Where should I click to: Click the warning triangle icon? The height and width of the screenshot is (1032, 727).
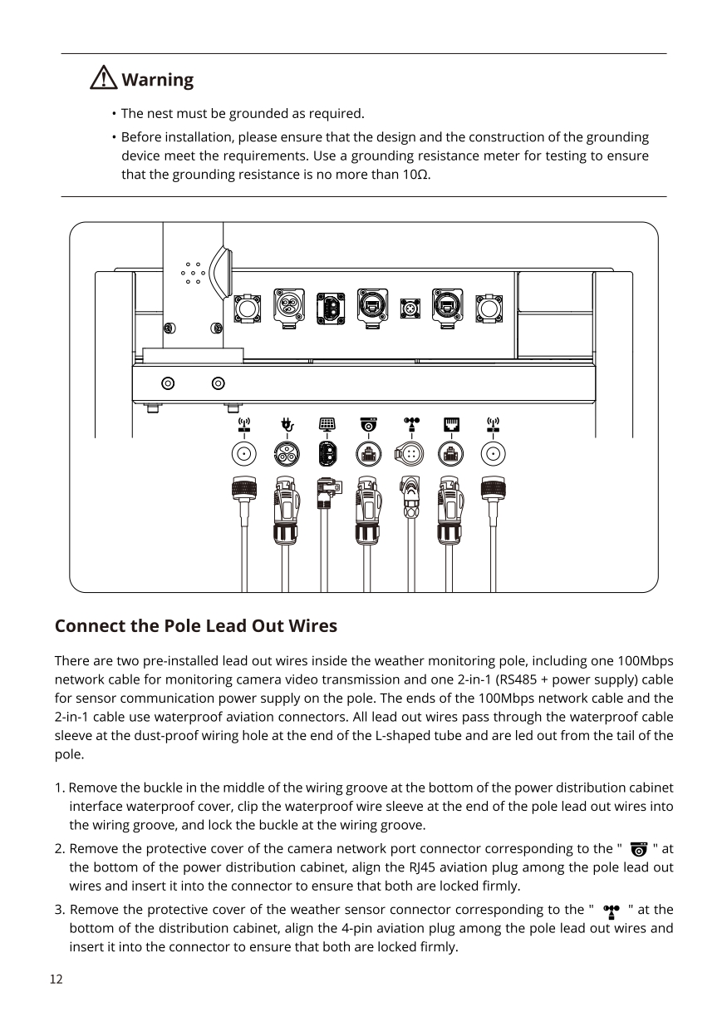point(104,79)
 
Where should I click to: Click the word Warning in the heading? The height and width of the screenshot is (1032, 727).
point(157,80)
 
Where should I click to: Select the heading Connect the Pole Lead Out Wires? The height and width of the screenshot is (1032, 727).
point(195,625)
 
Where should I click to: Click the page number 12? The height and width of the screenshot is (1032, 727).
point(56,979)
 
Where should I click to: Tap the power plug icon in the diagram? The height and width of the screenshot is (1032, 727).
point(287,426)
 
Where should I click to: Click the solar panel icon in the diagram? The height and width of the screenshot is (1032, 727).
point(327,426)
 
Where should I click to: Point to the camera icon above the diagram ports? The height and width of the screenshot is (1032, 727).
point(368,426)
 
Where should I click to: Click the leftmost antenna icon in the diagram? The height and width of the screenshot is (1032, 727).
point(244,426)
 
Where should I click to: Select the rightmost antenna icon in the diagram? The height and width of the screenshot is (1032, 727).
point(493,426)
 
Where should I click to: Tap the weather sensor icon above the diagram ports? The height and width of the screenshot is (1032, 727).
point(410,425)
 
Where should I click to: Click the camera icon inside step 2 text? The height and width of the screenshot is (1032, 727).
point(638,849)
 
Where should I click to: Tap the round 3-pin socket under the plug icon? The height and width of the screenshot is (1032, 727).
point(287,454)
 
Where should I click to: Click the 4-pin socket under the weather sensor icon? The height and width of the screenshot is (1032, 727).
point(410,454)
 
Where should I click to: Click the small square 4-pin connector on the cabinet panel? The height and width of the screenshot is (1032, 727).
point(410,307)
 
